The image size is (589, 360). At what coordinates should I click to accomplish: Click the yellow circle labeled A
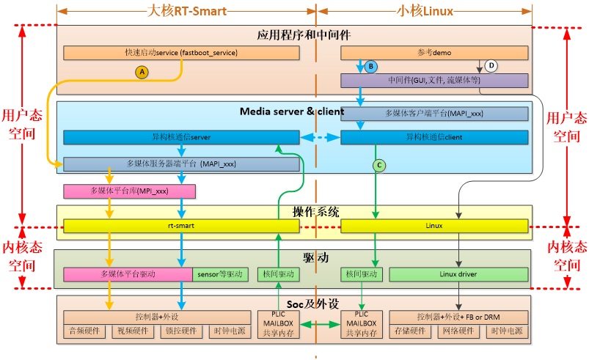[x=142, y=71]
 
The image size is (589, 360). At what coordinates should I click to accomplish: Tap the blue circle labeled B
[x=371, y=67]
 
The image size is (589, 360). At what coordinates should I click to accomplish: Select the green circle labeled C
[x=378, y=166]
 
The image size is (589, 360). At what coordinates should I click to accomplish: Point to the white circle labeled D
[x=491, y=66]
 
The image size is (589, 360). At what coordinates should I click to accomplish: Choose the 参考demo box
[x=434, y=53]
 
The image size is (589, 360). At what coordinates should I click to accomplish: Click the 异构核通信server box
[x=181, y=137]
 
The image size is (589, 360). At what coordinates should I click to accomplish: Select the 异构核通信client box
[x=434, y=137]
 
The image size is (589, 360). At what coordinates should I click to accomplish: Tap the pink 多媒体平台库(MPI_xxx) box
[x=129, y=191]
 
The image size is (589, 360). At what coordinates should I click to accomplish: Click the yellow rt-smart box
[x=181, y=226]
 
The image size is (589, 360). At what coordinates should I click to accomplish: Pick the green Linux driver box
[x=458, y=274]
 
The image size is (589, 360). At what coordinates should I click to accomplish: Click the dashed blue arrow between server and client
[x=320, y=137]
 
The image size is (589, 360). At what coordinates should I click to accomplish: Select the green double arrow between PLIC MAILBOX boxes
[x=320, y=323]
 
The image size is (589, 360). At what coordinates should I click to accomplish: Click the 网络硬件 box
[x=458, y=331]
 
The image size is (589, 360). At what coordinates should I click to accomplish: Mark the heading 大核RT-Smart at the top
[x=187, y=11]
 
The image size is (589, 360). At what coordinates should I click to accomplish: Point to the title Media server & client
[x=291, y=111]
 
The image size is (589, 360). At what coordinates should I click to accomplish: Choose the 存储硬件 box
[x=411, y=331]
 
